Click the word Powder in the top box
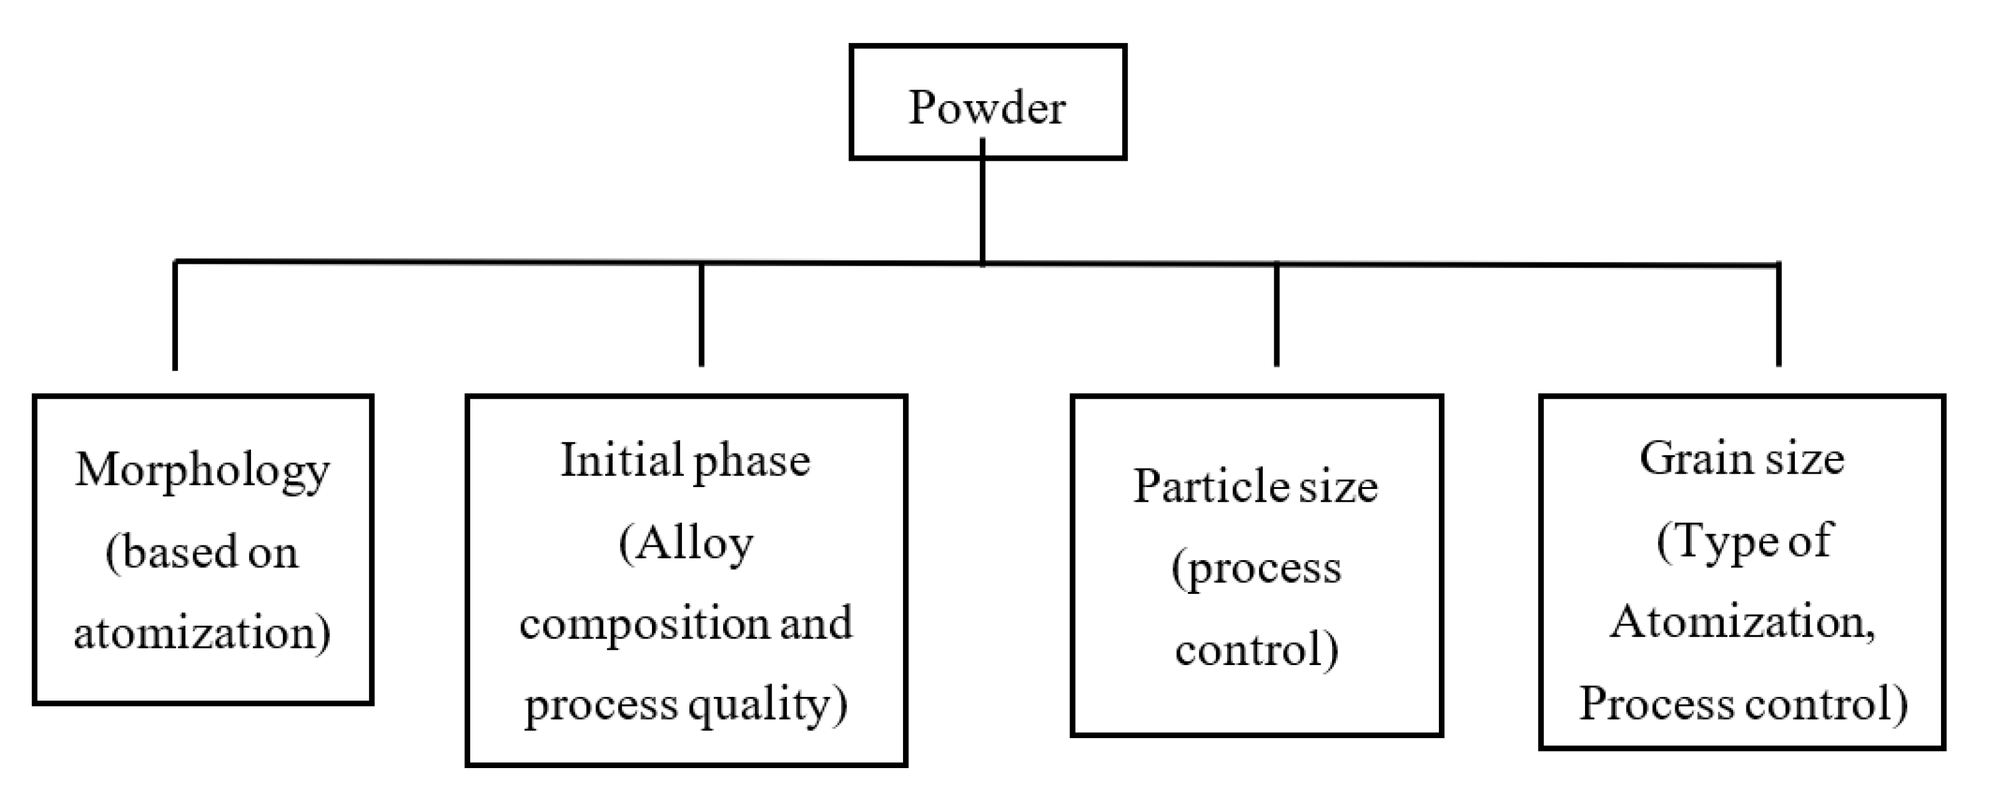pos(986,107)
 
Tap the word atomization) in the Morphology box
pos(203,633)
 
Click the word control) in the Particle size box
pos(1257,649)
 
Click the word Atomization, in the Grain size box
pos(1743,622)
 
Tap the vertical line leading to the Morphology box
pos(176,317)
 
